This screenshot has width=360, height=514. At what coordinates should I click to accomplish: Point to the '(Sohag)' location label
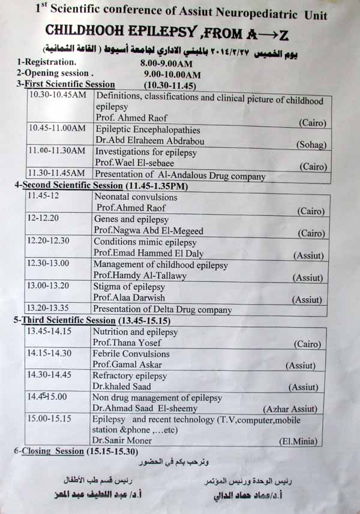tap(311, 145)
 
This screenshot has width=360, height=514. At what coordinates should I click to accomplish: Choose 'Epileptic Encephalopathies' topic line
tap(148, 130)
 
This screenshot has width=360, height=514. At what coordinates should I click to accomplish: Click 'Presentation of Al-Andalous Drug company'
tap(180, 176)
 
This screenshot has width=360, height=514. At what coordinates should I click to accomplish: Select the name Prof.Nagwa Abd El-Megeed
tap(149, 231)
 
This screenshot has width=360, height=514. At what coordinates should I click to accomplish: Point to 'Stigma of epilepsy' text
tap(129, 286)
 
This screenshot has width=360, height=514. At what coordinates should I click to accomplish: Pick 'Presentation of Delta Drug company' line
tap(162, 310)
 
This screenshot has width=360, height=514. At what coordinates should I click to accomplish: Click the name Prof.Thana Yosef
tap(126, 342)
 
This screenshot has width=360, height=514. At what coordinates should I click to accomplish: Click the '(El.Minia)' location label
tap(298, 441)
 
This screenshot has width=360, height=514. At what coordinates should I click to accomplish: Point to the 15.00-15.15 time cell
tap(49, 419)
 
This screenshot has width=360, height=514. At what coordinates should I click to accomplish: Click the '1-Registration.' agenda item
tap(47, 62)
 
